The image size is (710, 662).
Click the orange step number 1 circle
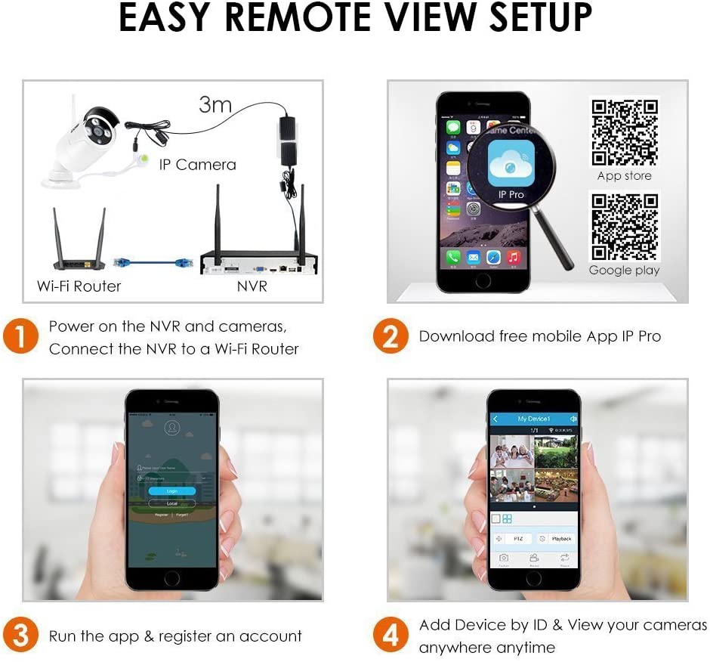point(20,337)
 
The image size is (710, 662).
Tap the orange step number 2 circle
point(390,337)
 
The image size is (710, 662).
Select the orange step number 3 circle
point(20,636)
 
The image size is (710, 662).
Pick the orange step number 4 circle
point(390,636)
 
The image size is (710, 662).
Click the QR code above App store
point(624,131)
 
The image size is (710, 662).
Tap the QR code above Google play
point(624,226)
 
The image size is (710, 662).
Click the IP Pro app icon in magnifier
point(511,163)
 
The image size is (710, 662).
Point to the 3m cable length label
point(215,104)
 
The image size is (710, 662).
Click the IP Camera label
point(197,164)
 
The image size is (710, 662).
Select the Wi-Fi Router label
point(79,286)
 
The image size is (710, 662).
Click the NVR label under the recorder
point(252,286)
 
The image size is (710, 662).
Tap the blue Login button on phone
point(171,491)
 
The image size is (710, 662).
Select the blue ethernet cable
point(150,261)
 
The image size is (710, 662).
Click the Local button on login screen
point(171,503)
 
